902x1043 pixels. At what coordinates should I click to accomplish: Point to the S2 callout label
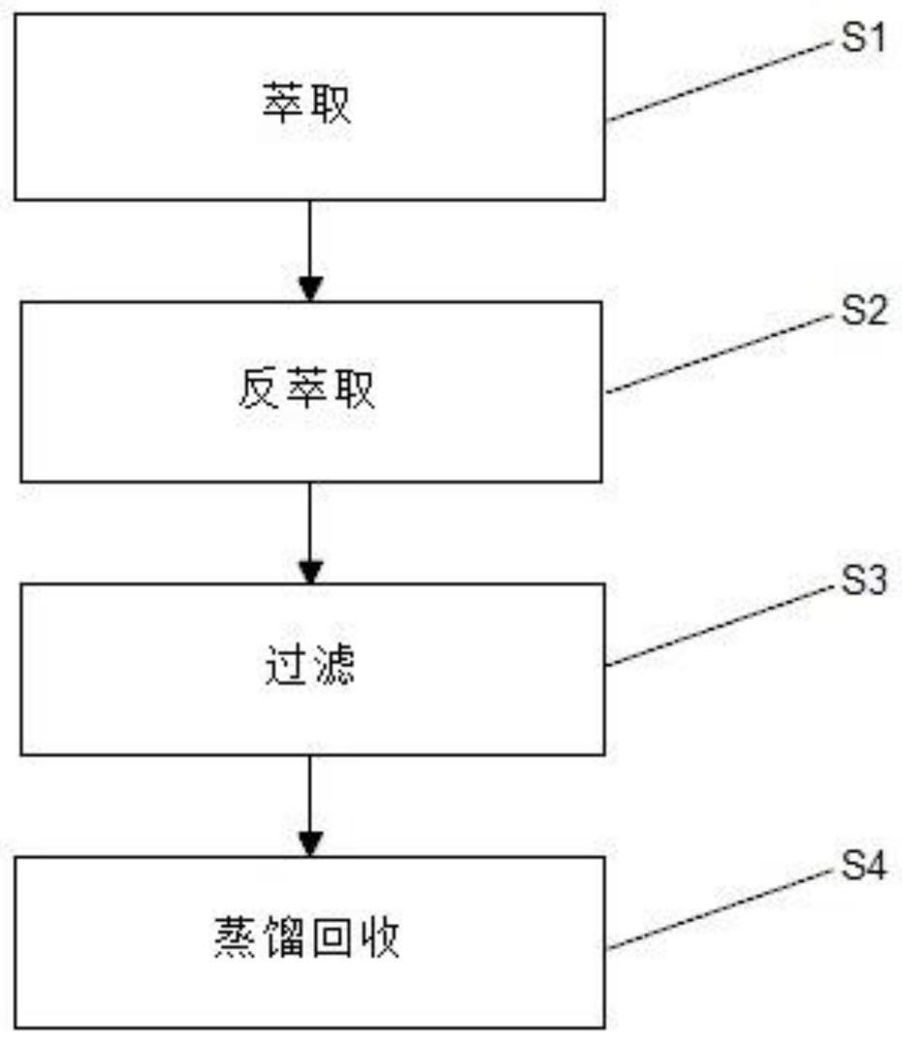pyautogui.click(x=861, y=314)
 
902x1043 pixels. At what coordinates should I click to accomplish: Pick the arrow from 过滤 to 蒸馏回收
pyautogui.click(x=309, y=804)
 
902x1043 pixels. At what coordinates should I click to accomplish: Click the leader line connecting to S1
pyautogui.click(x=718, y=81)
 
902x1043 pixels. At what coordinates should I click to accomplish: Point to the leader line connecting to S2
pyautogui.click(x=718, y=354)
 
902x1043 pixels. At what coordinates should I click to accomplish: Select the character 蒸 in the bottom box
pyautogui.click(x=232, y=941)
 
